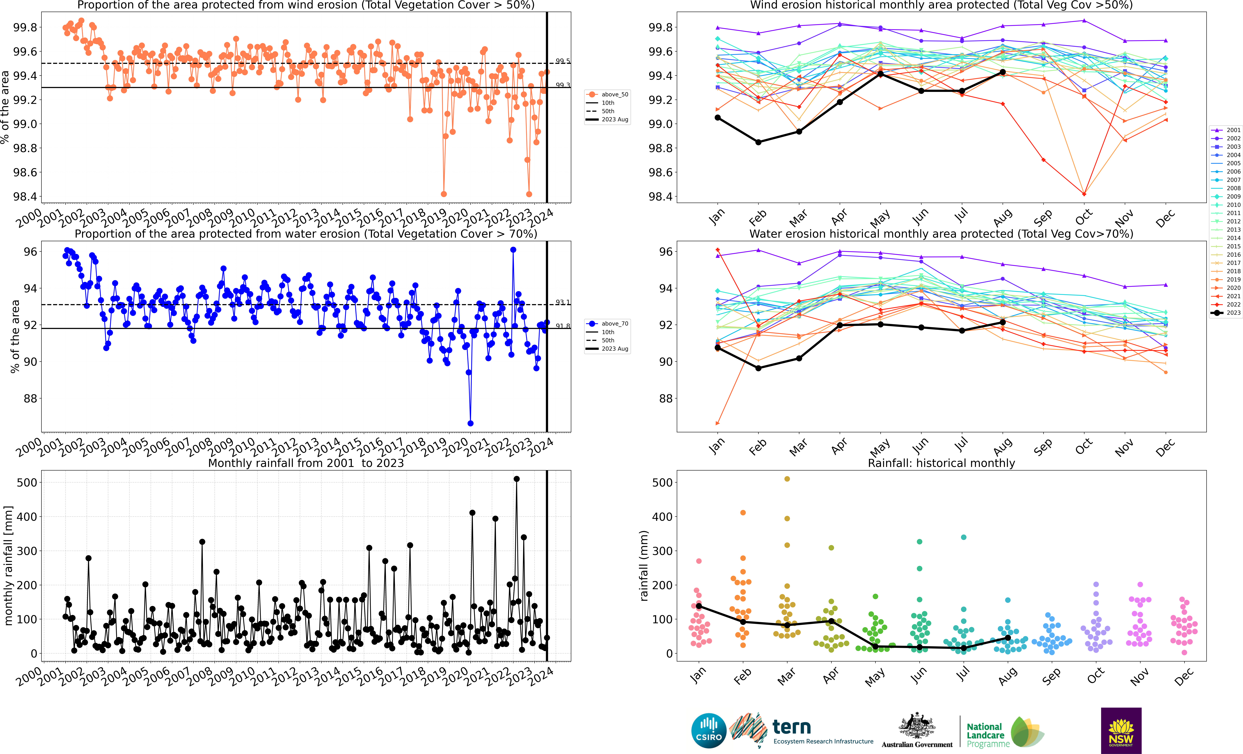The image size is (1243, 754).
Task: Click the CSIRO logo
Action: pyautogui.click(x=709, y=730)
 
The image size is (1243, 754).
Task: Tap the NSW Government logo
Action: pyautogui.click(x=1121, y=730)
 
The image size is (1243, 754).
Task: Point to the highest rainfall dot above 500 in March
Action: pyautogui.click(x=787, y=479)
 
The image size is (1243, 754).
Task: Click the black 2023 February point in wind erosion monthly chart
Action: pyautogui.click(x=758, y=142)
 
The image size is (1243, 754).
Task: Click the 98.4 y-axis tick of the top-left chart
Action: pyautogui.click(x=25, y=197)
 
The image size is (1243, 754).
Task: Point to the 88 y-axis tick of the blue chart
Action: pyautogui.click(x=30, y=398)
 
